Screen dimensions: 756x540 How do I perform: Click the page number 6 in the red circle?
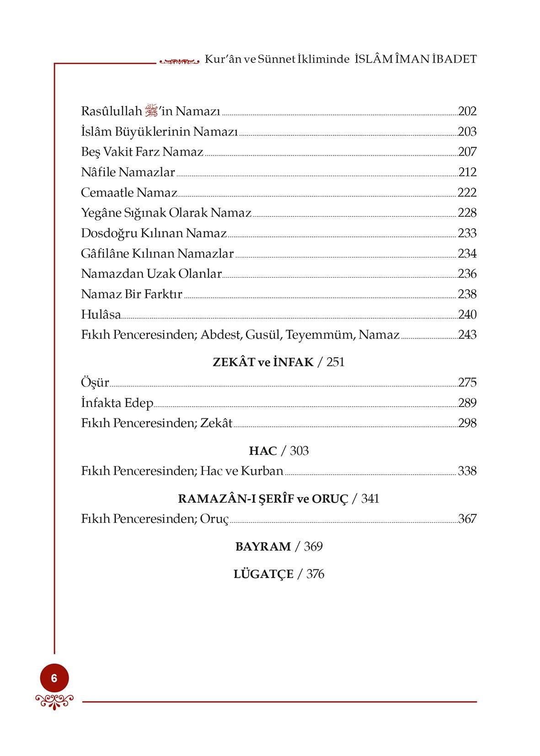click(x=54, y=678)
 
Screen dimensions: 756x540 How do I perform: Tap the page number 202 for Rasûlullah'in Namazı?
click(x=467, y=111)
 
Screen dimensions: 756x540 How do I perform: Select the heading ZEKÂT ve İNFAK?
click(x=263, y=362)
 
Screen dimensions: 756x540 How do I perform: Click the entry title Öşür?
click(x=95, y=382)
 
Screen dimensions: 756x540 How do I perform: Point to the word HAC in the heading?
click(x=263, y=451)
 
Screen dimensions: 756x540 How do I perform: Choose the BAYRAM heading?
click(x=263, y=547)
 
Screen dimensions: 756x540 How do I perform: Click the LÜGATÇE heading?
click(x=263, y=574)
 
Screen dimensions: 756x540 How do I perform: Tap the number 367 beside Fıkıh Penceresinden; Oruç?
click(x=467, y=519)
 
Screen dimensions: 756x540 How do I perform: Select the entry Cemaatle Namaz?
click(x=129, y=193)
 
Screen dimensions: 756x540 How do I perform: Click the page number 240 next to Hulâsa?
click(x=467, y=315)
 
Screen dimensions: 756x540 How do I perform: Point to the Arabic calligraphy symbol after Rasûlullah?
click(x=151, y=111)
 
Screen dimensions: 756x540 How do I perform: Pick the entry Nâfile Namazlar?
click(x=128, y=172)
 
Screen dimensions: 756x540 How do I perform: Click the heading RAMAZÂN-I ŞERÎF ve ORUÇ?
click(x=263, y=499)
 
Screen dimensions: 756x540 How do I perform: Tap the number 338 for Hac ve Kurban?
click(x=467, y=471)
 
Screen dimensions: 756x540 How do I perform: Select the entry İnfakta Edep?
click(x=117, y=403)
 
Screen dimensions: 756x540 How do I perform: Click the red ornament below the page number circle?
click(x=54, y=700)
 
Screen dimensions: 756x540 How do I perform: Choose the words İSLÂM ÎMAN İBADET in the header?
click(x=416, y=59)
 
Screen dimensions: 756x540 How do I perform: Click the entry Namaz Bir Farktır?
click(x=132, y=294)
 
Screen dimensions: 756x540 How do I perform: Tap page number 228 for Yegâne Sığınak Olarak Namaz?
click(x=467, y=213)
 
